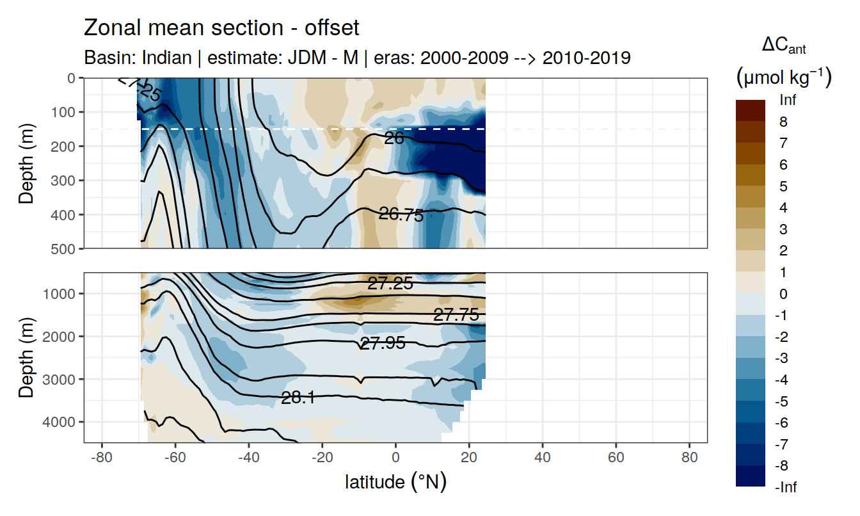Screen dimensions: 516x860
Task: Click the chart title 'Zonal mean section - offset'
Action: [x=221, y=28]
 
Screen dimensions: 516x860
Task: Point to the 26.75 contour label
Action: [x=401, y=215]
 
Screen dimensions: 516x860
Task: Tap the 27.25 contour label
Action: [x=390, y=284]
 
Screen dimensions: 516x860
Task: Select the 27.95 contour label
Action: [x=383, y=343]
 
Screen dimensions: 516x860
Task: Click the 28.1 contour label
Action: [x=298, y=398]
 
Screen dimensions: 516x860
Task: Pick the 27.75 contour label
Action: [x=456, y=315]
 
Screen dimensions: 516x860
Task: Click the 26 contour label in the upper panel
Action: [x=394, y=138]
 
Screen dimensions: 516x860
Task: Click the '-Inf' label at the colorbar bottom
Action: [x=786, y=487]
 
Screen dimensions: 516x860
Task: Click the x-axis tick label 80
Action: [x=689, y=459]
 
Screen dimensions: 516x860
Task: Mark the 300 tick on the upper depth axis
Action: [x=66, y=181]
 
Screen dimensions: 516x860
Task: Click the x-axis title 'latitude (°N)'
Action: [x=395, y=481]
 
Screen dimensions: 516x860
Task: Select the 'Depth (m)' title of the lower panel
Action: [x=26, y=357]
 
